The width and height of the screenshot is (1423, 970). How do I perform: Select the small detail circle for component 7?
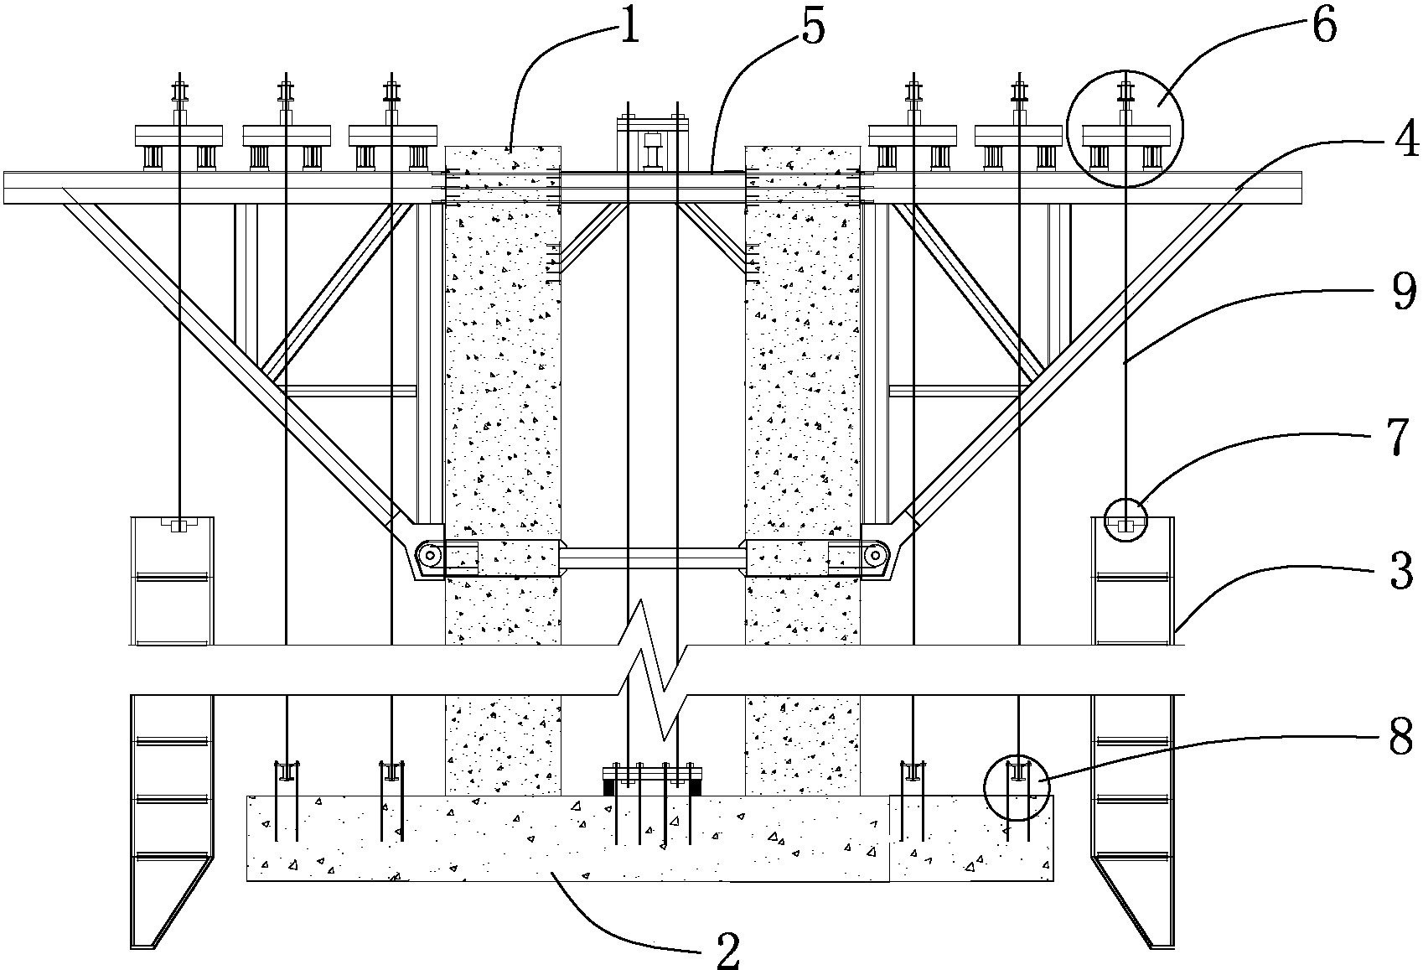(x=1125, y=521)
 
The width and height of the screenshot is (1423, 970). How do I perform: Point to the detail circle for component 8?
(x=1017, y=787)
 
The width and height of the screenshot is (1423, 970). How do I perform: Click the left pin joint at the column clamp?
(x=431, y=554)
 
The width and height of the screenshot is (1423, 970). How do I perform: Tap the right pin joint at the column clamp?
(x=876, y=554)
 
